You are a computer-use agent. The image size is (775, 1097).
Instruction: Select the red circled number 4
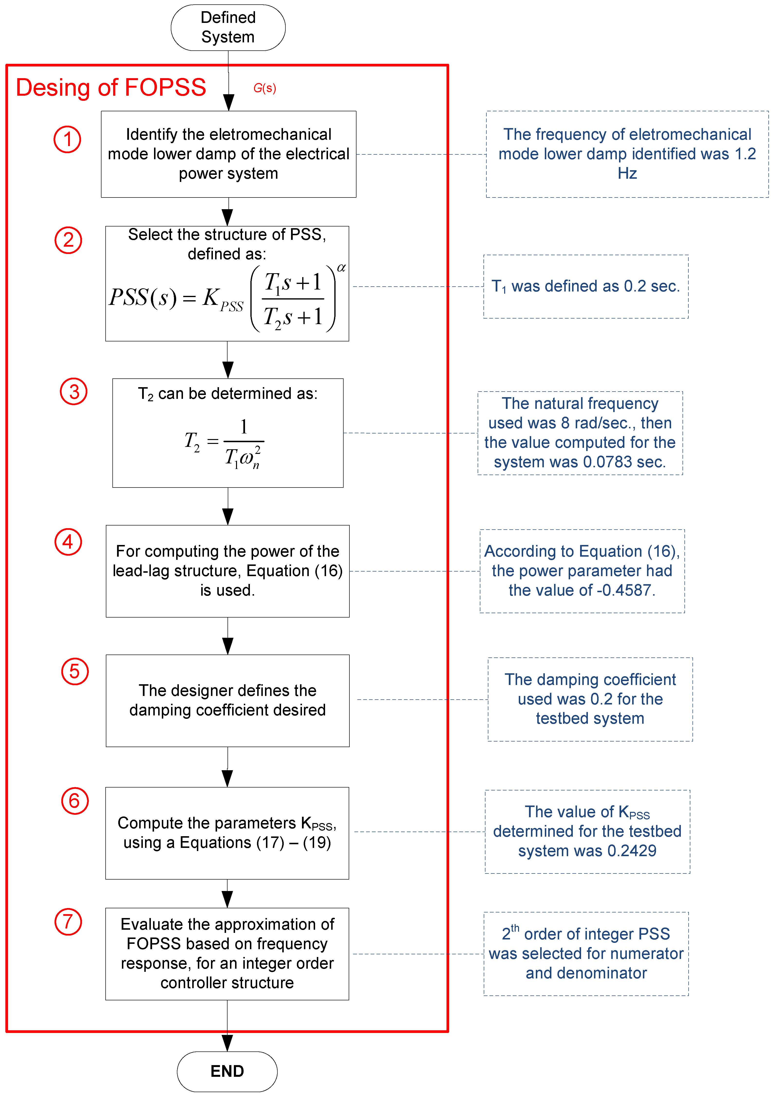point(68,542)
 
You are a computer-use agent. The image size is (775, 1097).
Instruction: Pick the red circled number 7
point(68,922)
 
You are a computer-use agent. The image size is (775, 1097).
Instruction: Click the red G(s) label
point(264,88)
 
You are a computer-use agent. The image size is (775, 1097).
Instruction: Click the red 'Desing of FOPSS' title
point(111,87)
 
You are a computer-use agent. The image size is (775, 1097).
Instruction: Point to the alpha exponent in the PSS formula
point(341,268)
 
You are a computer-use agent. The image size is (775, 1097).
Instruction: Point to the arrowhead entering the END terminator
point(227,1043)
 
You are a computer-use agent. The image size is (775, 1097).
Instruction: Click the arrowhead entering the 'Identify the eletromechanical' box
point(229,103)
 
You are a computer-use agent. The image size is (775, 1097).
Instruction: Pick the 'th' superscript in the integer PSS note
point(515,928)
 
